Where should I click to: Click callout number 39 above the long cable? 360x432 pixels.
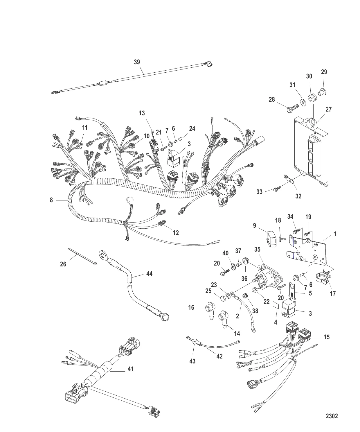pos(137,62)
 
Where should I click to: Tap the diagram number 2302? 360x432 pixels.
pos(332,416)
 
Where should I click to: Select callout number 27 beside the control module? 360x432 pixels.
pos(328,110)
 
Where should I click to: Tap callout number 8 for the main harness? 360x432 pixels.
pos(51,200)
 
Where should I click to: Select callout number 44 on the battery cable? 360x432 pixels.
pos(149,274)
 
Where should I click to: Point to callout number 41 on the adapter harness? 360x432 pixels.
pos(131,369)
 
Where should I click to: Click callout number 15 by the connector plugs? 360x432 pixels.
pos(327,337)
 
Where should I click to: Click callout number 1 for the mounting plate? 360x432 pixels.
pos(335,234)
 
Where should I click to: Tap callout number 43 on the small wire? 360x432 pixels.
pos(192,361)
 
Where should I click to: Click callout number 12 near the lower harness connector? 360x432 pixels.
pos(176,232)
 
